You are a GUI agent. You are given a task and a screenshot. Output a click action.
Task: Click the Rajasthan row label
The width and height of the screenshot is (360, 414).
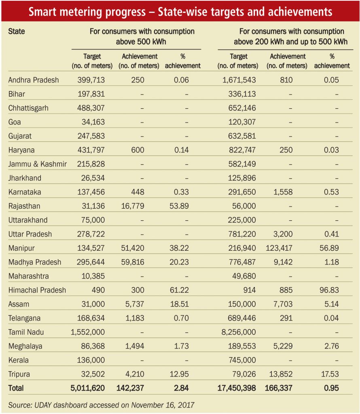click(x=24, y=206)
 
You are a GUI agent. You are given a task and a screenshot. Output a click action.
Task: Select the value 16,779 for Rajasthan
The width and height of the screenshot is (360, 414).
click(x=133, y=206)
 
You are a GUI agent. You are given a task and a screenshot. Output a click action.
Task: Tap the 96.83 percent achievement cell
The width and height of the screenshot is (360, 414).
click(x=329, y=290)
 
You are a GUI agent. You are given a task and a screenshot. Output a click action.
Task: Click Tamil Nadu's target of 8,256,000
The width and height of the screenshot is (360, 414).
click(x=239, y=332)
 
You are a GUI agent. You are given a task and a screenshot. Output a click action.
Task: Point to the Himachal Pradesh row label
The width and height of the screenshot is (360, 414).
click(x=37, y=290)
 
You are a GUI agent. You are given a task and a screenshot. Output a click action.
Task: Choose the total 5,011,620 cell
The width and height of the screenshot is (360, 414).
click(x=87, y=388)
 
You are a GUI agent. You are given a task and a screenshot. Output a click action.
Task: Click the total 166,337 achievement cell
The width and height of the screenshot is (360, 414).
click(x=279, y=388)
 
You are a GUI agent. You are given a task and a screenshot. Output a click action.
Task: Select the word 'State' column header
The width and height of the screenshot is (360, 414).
click(x=16, y=32)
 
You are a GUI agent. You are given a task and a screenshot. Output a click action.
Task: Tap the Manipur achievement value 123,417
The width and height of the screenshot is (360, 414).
click(x=279, y=248)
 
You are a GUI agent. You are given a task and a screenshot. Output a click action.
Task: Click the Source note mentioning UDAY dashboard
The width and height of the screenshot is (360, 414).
click(x=101, y=405)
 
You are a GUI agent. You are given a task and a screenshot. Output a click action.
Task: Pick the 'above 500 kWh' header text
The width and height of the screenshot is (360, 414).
click(x=141, y=42)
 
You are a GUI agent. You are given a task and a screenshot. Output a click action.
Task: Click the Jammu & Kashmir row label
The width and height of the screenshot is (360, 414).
click(x=38, y=164)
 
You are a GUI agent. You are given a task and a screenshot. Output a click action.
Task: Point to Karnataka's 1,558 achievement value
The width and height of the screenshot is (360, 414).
click(x=283, y=192)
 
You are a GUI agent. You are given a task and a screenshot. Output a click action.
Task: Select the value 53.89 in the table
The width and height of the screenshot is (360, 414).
click(x=179, y=206)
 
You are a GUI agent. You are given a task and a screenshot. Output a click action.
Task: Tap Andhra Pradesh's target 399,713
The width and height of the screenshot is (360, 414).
click(x=91, y=80)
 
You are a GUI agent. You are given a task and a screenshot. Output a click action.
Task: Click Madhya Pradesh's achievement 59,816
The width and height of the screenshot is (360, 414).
click(x=133, y=262)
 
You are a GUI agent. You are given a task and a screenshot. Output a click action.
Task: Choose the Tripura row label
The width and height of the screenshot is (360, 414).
click(x=19, y=374)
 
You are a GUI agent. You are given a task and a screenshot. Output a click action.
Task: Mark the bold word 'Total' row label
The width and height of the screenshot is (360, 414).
click(x=16, y=388)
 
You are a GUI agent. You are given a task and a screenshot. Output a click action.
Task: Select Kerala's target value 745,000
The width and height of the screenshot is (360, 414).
click(x=242, y=360)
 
